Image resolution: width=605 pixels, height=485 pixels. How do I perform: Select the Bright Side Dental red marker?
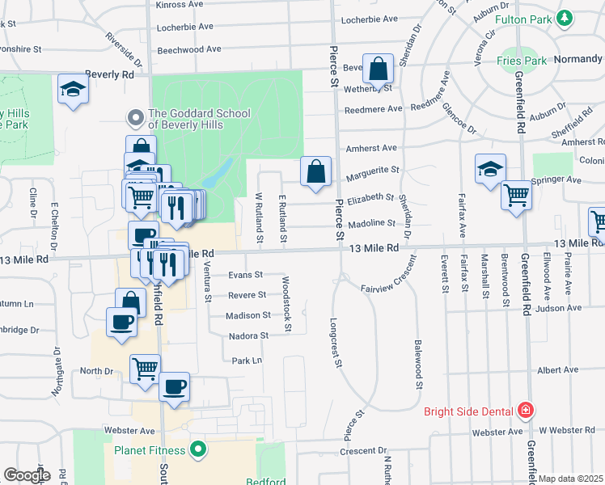tap(527, 411)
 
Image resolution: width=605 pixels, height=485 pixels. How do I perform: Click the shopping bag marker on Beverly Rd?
tap(378, 70)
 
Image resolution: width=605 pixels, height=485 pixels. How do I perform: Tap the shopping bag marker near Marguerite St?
tap(315, 172)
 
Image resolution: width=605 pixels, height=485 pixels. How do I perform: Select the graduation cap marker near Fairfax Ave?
tap(489, 170)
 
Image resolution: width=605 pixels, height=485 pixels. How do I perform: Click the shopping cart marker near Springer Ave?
tap(516, 195)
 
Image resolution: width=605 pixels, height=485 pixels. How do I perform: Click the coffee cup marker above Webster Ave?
tap(174, 387)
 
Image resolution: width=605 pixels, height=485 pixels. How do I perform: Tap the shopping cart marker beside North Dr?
tap(145, 369)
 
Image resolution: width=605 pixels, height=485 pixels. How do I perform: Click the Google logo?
tap(27, 474)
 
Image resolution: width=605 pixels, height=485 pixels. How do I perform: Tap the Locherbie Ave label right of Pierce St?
tap(370, 19)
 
